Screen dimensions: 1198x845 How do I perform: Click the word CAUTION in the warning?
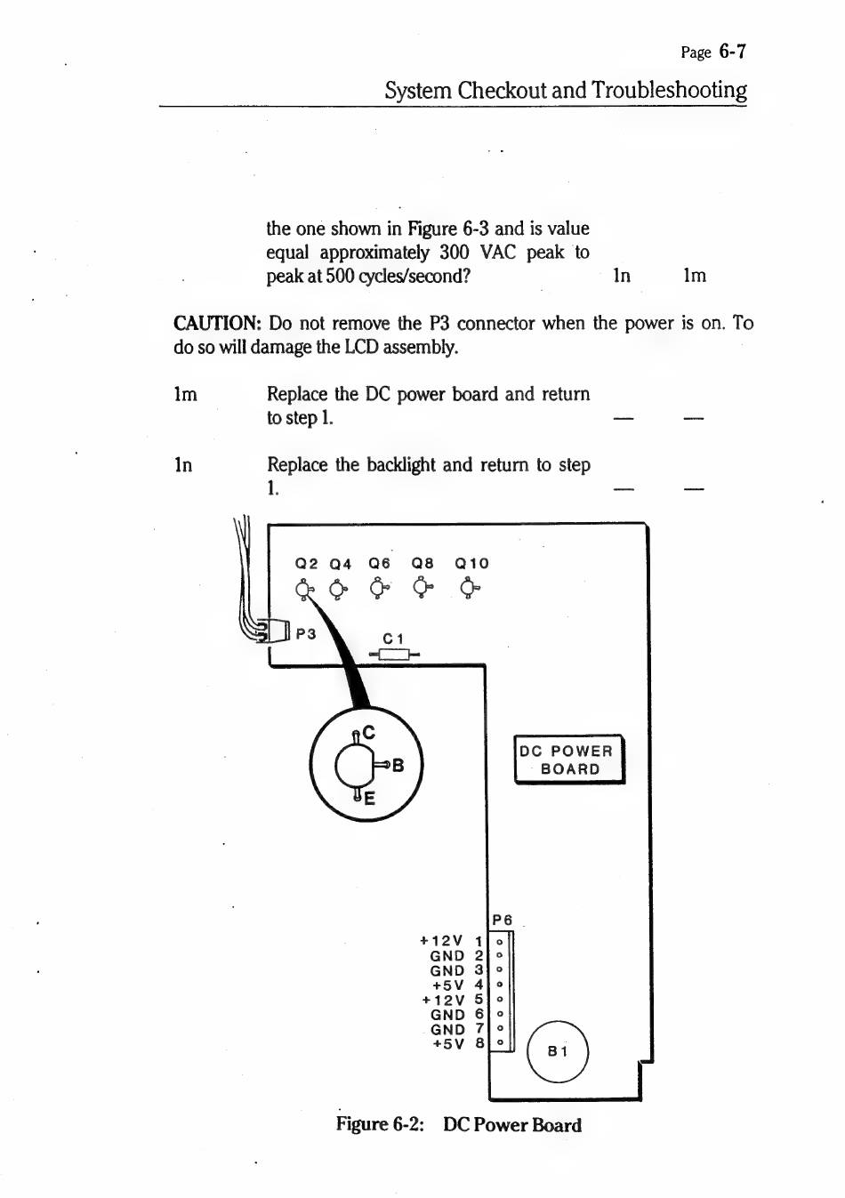point(216,324)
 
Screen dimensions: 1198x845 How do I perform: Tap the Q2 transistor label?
point(306,563)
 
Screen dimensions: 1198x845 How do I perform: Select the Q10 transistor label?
point(471,563)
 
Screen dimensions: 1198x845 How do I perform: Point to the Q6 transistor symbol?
point(380,588)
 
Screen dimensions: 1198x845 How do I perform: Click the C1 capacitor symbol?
point(393,655)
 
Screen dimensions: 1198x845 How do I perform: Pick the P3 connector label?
point(306,633)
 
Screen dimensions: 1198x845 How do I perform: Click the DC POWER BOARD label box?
point(570,760)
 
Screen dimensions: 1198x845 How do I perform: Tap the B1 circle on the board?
point(558,1051)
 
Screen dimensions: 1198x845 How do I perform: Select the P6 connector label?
point(503,920)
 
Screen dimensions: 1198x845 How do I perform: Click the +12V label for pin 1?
point(441,941)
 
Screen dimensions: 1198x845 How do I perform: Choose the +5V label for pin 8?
point(448,1044)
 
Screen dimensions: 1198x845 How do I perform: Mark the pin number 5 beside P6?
point(479,1000)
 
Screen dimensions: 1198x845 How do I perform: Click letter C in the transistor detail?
point(368,733)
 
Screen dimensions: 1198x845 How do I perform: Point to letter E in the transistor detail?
point(369,799)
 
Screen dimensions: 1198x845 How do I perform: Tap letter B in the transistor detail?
point(398,765)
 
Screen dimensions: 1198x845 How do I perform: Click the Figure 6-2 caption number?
point(407,1125)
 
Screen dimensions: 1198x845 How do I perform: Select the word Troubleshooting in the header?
point(669,91)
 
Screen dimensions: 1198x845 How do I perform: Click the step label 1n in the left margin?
point(183,465)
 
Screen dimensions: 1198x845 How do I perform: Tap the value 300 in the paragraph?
point(455,253)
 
